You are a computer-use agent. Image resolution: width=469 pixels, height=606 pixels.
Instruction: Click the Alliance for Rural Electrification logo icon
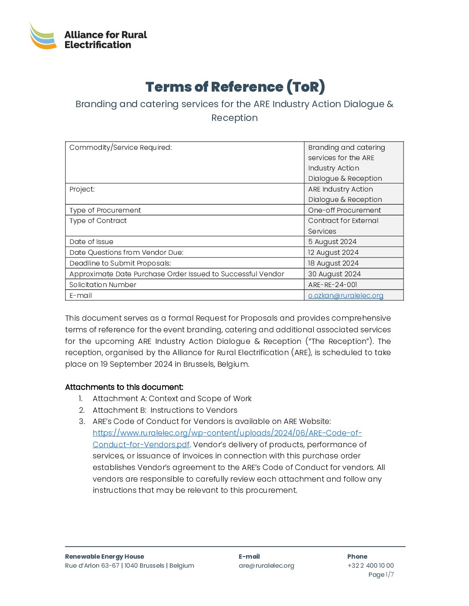[43, 36]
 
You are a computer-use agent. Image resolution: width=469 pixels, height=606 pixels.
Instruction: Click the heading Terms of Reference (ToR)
[235, 87]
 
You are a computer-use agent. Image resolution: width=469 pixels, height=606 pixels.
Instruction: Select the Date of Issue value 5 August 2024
[332, 242]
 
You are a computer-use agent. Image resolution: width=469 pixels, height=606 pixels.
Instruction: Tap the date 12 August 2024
[333, 253]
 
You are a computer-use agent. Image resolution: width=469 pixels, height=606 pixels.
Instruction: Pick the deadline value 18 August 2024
[333, 263]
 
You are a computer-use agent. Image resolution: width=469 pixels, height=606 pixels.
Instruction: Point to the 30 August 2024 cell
[335, 274]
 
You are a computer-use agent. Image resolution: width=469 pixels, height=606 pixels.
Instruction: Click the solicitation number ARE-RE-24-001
[333, 285]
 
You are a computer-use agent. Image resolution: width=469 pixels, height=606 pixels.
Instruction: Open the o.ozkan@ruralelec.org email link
[346, 296]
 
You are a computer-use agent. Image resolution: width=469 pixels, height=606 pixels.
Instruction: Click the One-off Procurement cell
[344, 210]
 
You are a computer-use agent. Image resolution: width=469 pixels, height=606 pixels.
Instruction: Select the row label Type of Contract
[98, 221]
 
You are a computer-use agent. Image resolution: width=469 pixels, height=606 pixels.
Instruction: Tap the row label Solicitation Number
[103, 285]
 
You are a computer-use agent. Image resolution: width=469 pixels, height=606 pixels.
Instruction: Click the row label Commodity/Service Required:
[121, 148]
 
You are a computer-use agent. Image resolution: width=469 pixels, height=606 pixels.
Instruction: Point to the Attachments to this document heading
[124, 387]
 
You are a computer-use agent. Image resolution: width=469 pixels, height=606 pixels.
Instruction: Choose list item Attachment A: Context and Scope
[172, 399]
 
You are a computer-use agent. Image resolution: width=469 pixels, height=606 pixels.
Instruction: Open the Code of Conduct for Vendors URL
[227, 433]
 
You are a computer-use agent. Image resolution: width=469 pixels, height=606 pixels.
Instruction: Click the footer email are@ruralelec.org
[266, 566]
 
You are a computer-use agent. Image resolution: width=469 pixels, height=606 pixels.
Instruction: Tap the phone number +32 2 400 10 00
[371, 566]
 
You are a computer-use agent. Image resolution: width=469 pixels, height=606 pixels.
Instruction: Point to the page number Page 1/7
[381, 575]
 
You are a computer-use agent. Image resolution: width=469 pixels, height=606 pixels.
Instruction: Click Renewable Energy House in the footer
[105, 557]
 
